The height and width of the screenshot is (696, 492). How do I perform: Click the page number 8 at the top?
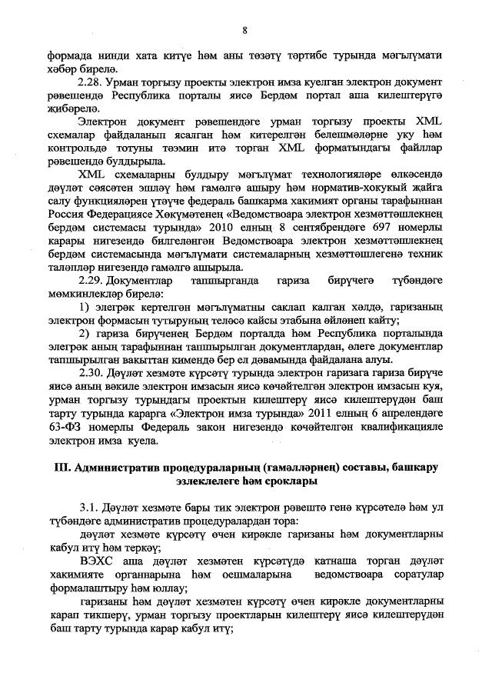[x=244, y=30]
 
